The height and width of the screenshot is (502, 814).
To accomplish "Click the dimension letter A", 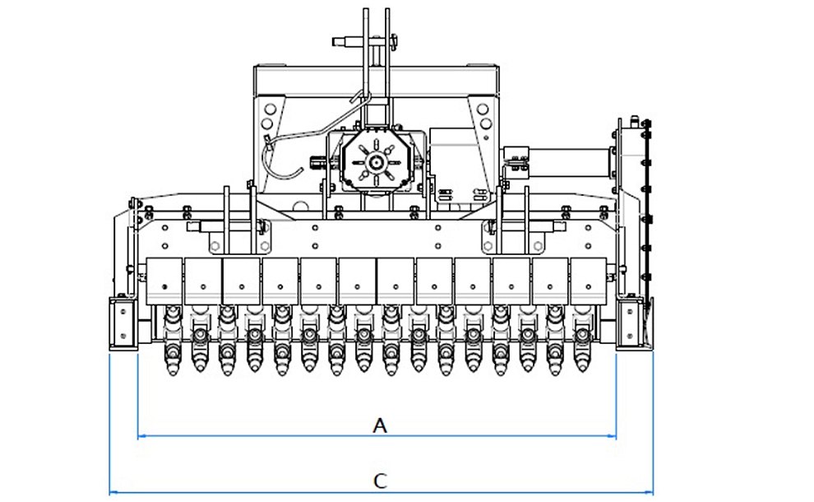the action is pos(380,425).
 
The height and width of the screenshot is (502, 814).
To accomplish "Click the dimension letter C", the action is pos(380,481).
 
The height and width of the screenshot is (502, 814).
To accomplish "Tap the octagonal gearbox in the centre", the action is pos(375,161).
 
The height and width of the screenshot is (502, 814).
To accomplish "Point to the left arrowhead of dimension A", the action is pos(141,436).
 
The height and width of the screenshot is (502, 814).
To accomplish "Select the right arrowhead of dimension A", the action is pos(613,436).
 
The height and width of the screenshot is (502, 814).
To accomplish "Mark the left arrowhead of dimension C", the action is pos(113,492).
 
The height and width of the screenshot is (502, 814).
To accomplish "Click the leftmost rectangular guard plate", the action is pos(164,281).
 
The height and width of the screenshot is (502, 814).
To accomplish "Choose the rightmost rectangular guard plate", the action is pos(588,281).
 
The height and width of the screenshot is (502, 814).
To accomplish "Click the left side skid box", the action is pos(123,323).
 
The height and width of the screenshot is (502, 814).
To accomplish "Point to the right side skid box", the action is pos(630,323).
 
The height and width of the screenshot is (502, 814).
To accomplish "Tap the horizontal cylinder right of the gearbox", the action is pos(568,163).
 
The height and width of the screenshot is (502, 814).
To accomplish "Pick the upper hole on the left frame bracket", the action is pos(270,109).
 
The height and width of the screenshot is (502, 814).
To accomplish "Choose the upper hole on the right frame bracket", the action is pos(483,109).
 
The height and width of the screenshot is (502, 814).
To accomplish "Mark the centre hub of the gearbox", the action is pos(375,163).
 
